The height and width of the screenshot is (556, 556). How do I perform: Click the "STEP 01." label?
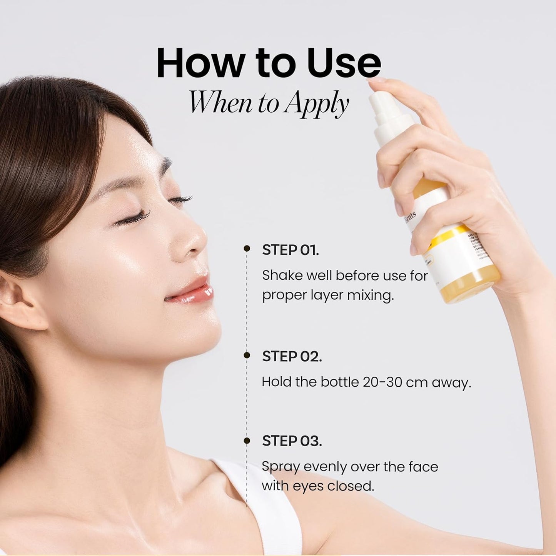pyautogui.click(x=291, y=250)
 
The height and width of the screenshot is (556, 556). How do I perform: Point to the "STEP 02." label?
pyautogui.click(x=292, y=356)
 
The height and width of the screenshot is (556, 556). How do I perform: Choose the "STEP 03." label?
pyautogui.click(x=292, y=441)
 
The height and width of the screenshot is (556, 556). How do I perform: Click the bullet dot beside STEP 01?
pyautogui.click(x=247, y=249)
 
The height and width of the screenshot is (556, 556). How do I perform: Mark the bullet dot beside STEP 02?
pyautogui.click(x=247, y=355)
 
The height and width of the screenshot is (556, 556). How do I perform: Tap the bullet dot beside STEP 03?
pyautogui.click(x=247, y=441)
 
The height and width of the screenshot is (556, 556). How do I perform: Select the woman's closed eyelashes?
pyautogui.click(x=135, y=218)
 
